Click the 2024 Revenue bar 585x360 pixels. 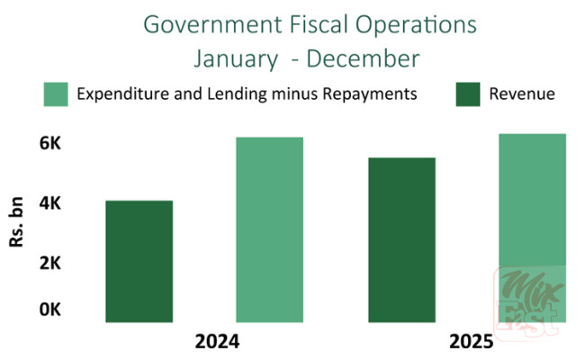(x=139, y=261)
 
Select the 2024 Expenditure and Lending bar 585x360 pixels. (x=269, y=229)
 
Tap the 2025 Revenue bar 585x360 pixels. (x=401, y=239)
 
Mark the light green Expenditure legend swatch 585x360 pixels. (x=56, y=94)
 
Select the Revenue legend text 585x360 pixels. (x=522, y=94)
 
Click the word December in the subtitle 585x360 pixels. (x=364, y=59)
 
